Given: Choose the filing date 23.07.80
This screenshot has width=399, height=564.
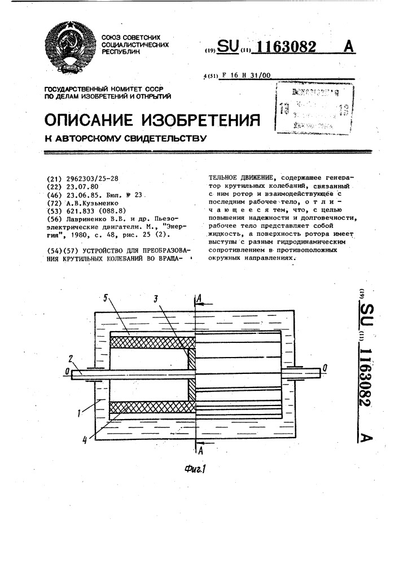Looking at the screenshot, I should [x=82, y=186].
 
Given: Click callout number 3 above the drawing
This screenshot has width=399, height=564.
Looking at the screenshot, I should [x=156, y=298].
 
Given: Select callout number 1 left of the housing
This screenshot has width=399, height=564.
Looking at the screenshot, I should [x=80, y=413].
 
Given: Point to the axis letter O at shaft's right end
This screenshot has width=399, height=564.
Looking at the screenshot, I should [x=325, y=370].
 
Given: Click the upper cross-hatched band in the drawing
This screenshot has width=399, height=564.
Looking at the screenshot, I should [x=149, y=342].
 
